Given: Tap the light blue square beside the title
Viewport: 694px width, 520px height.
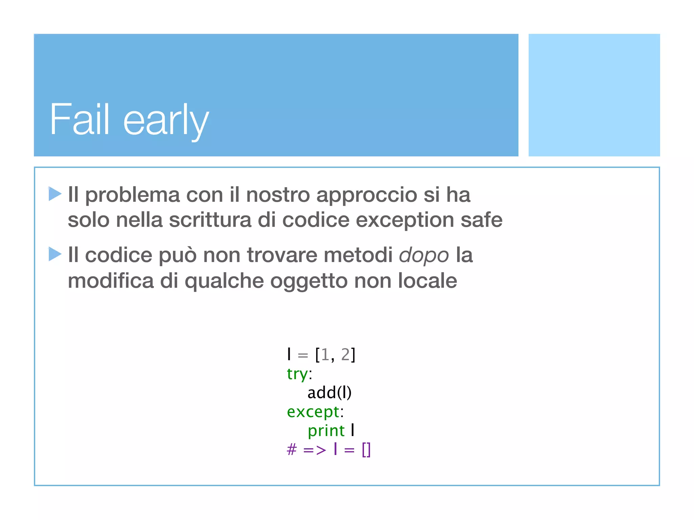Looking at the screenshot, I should coord(594,95).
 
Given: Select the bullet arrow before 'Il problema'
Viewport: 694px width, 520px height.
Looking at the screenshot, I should coord(55,194).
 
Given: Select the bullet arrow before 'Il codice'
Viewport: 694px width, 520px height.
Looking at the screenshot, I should coord(55,254).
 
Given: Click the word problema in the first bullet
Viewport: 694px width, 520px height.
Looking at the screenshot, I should coord(132,196).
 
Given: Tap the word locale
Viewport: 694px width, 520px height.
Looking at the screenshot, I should coord(427,281).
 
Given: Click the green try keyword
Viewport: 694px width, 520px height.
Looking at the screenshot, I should coord(297,374).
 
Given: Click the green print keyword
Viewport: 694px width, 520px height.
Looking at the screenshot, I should coord(326,431).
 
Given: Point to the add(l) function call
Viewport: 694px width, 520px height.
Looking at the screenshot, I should coord(329,393).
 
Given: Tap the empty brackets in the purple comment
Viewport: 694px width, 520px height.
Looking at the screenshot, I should coord(366,450).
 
